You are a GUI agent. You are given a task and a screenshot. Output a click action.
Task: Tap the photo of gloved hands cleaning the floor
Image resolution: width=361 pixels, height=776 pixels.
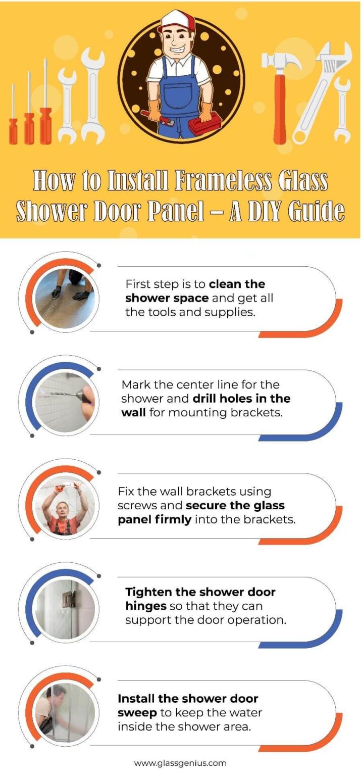pos(64,298)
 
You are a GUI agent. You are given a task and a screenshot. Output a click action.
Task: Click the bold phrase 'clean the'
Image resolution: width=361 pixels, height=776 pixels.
pos(237,284)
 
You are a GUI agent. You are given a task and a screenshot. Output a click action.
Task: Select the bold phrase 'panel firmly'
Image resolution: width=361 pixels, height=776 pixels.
pos(154,519)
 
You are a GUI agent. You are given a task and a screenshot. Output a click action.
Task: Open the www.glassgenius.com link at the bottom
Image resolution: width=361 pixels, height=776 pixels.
pos(180,763)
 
